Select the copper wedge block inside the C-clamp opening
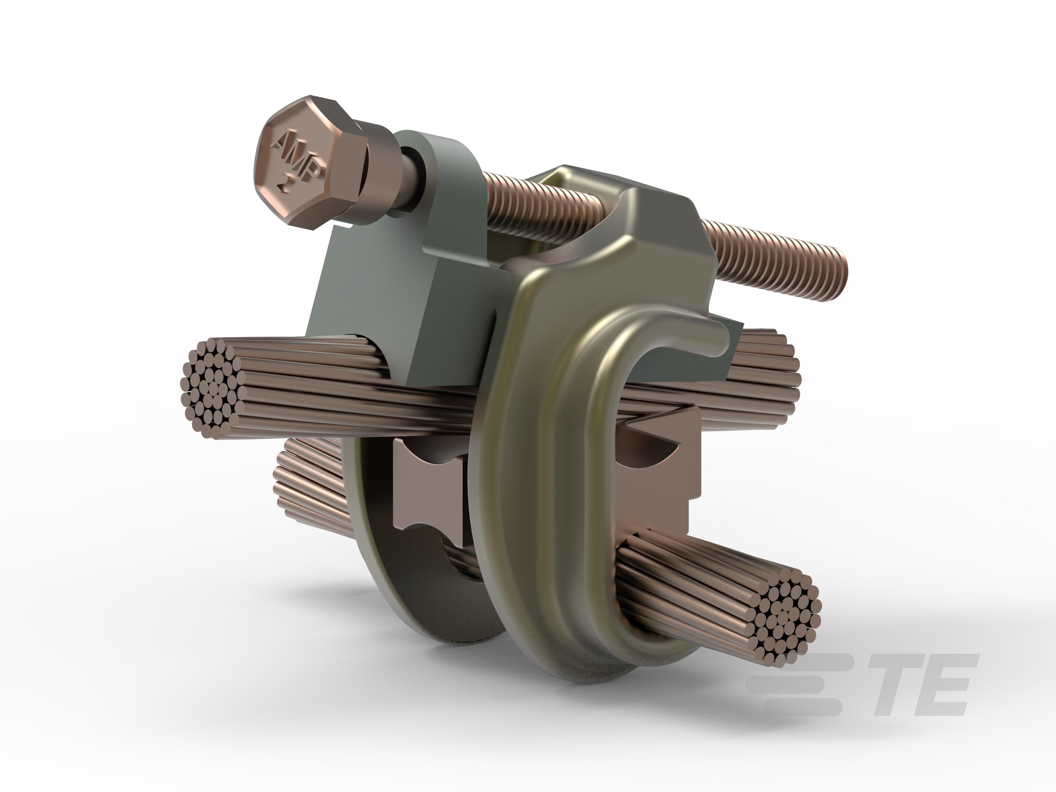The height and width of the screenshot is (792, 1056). [x=654, y=477]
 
